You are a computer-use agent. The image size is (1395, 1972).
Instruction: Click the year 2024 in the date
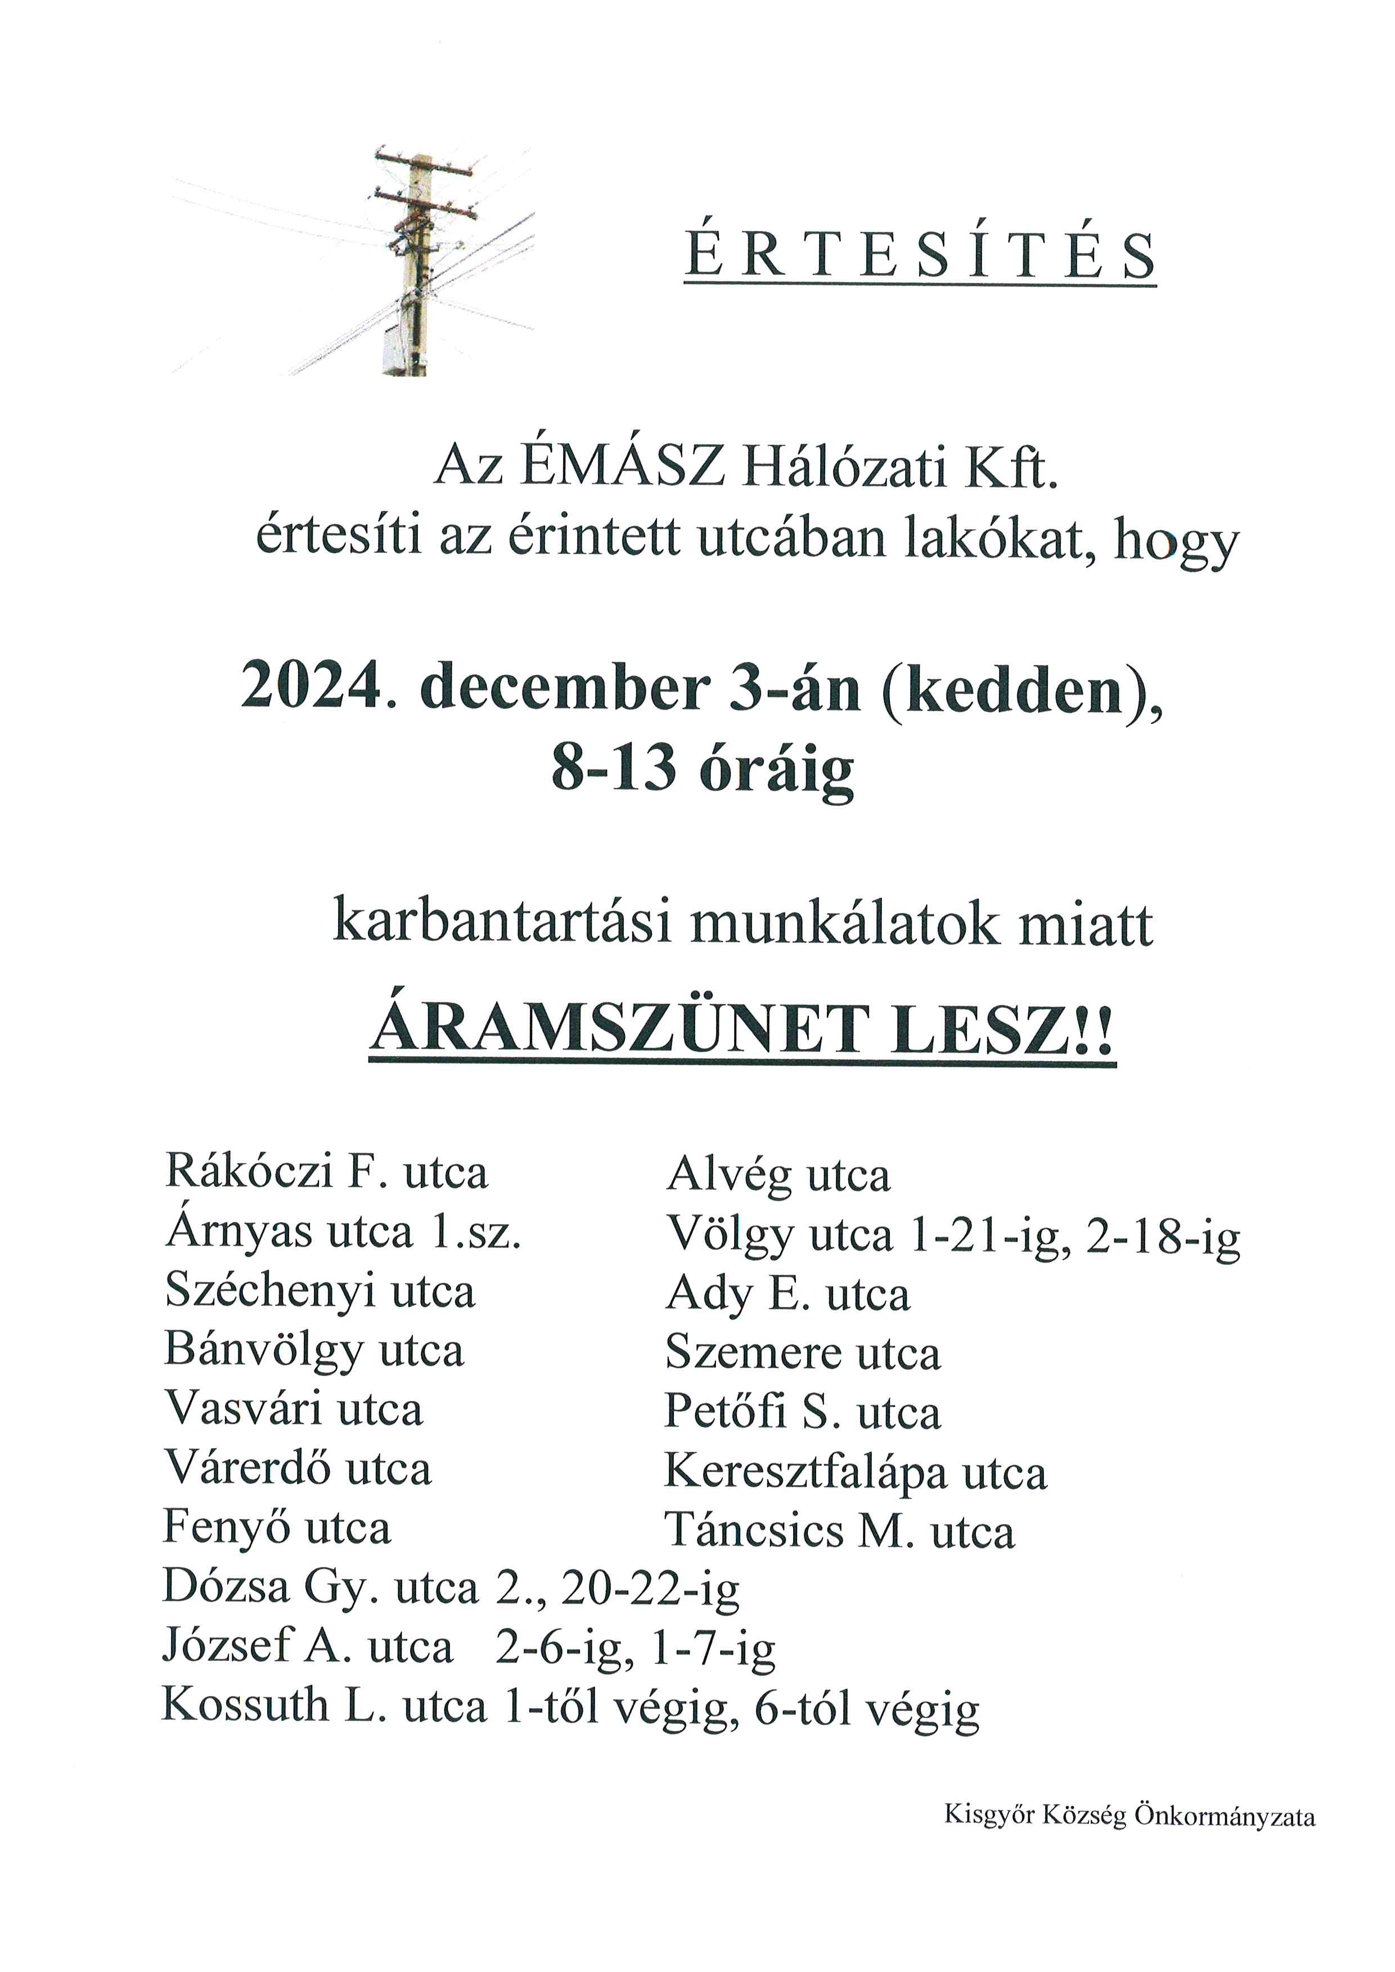point(311,687)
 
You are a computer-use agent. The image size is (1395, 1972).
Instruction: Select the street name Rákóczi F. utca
point(326,1171)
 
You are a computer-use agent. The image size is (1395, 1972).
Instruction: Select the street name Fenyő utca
point(277,1527)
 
